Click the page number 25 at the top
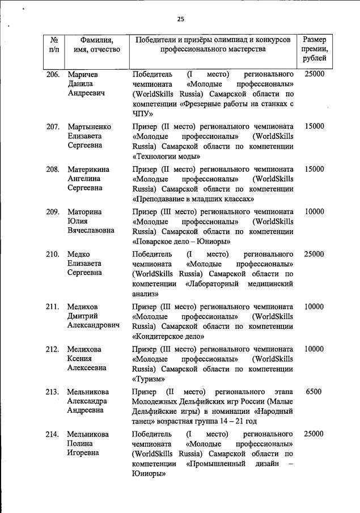(x=181, y=19)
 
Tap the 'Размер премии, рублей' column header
(x=314, y=49)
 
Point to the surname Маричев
(x=83, y=74)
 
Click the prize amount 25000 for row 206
(x=314, y=74)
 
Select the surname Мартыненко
(x=90, y=126)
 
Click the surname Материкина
(x=88, y=169)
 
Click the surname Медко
(x=80, y=254)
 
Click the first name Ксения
(x=80, y=359)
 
